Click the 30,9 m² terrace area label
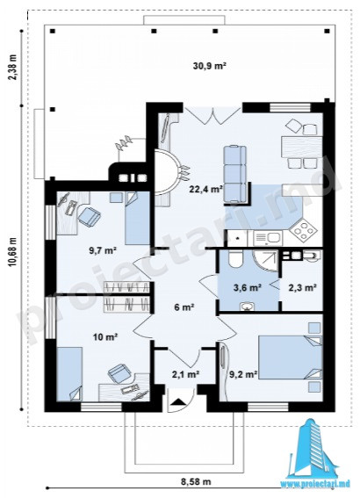click(x=209, y=66)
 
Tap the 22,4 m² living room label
click(x=205, y=190)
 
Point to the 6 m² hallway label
click(x=184, y=307)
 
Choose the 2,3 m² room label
click(x=302, y=288)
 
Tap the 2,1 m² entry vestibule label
click(x=185, y=375)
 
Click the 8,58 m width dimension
click(x=196, y=481)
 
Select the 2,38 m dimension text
click(x=12, y=69)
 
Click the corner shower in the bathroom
click(x=266, y=261)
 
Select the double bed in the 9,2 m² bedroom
click(x=290, y=357)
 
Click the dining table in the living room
click(x=301, y=147)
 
